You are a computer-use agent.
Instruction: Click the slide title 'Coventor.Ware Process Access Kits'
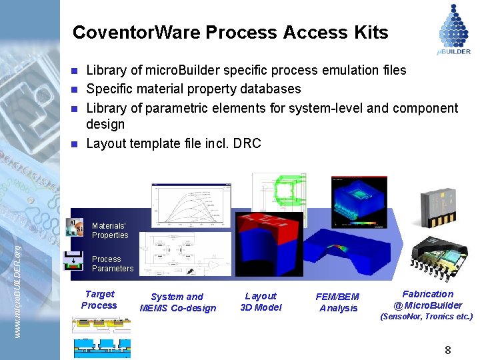230,33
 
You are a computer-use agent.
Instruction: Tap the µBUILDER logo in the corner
454,28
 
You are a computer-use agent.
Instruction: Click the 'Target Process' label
99,299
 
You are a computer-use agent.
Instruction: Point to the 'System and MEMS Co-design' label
177,302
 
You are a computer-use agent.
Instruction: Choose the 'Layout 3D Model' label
261,301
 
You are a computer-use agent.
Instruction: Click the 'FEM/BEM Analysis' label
339,302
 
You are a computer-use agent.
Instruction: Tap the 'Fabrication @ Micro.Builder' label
427,299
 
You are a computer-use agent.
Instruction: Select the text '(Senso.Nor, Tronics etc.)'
427,317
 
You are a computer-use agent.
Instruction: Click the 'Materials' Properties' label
110,231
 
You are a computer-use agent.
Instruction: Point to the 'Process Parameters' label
112,263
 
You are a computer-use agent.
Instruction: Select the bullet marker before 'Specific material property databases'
75,89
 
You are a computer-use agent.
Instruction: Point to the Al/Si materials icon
75,228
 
